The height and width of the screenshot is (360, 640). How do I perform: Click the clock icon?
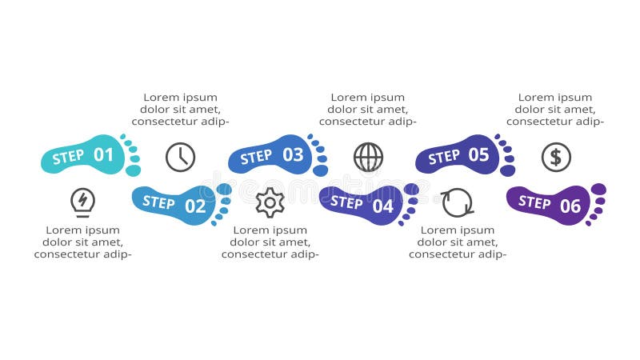click(181, 157)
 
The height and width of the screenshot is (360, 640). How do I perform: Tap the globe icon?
click(368, 157)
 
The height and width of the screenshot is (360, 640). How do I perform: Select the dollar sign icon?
click(556, 157)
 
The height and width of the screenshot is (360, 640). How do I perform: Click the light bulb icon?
click(82, 202)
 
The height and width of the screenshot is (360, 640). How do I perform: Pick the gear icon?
click(270, 202)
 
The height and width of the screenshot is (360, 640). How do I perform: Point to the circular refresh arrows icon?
click(458, 202)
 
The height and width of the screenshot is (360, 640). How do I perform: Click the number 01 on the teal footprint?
click(104, 155)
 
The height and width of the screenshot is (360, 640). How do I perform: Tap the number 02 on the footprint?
click(195, 206)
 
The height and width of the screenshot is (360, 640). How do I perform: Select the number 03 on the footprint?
click(293, 155)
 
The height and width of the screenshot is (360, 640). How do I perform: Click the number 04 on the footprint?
click(383, 206)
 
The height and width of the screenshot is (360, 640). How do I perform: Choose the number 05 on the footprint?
click(478, 155)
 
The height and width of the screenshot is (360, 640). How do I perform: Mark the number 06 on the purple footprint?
click(570, 206)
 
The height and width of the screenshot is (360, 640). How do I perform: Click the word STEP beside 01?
click(68, 158)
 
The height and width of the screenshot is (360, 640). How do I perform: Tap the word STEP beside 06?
click(534, 202)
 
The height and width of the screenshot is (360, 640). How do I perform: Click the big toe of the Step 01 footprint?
click(133, 170)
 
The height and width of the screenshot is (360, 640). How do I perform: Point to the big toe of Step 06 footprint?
click(598, 190)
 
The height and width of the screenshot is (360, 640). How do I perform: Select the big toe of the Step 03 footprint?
click(320, 170)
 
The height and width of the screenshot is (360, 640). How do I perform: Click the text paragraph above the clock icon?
click(181, 110)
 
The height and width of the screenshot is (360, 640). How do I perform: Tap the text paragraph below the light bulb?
click(82, 242)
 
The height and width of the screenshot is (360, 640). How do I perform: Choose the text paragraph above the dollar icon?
click(555, 110)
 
